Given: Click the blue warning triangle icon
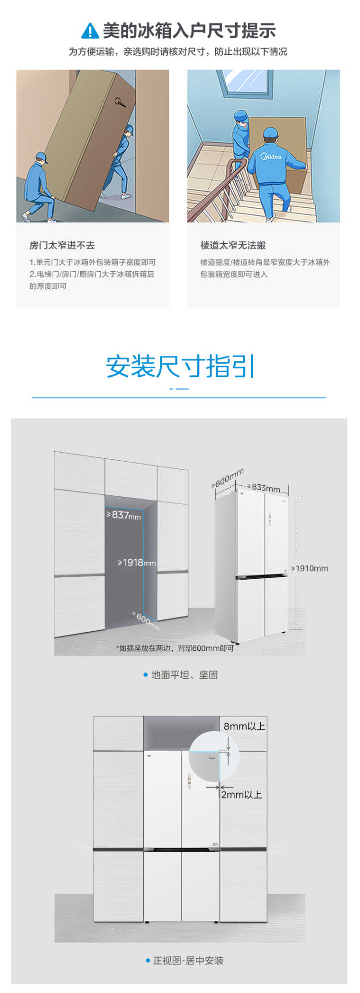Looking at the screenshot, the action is [90, 31].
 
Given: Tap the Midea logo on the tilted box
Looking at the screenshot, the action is [120, 102].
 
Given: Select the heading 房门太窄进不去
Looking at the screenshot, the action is [62, 245].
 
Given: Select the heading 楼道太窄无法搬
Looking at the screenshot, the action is [233, 245].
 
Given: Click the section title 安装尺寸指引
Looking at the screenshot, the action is [180, 366].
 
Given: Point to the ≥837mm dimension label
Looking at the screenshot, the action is [123, 515].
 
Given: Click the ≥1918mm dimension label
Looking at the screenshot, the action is [137, 562].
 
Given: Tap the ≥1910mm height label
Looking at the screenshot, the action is [310, 568].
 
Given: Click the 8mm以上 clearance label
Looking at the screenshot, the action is [244, 726].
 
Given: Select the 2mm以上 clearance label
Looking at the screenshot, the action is [241, 795].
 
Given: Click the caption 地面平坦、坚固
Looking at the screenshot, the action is [184, 675].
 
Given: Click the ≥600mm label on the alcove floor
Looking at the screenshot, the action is [146, 621].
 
